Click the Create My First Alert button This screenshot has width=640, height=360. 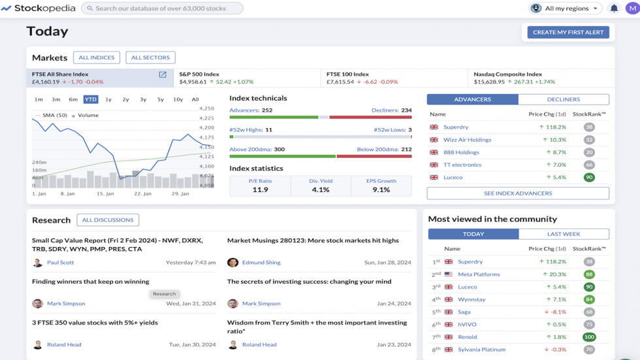pos(568,32)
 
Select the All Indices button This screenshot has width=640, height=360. pos(97,57)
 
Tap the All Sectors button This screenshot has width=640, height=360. pos(150,57)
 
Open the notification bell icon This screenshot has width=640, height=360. pos(614,8)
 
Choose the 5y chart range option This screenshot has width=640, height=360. pos(160,99)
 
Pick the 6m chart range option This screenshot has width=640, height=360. pos(73,99)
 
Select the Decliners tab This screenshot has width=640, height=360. pos(563,99)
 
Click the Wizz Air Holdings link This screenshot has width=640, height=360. pos(467,140)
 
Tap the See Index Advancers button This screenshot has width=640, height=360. pos(518,193)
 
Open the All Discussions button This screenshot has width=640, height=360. pos(108,220)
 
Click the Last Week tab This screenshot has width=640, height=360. pos(563,234)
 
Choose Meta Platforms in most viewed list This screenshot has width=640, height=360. pos(479,274)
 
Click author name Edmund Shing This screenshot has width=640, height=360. pos(261,263)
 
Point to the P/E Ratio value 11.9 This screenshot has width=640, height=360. pos(260,189)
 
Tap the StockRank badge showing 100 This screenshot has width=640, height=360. pos(589,337)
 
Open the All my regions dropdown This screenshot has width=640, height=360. pos(566,8)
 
